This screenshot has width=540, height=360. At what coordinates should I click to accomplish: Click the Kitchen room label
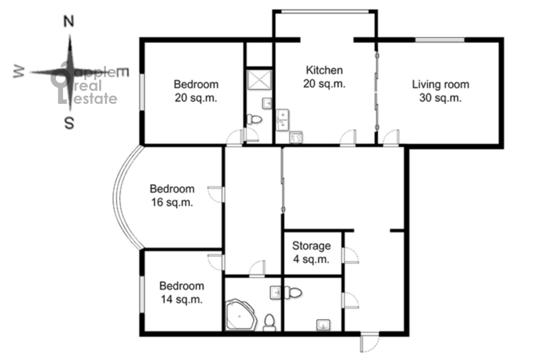[324, 77]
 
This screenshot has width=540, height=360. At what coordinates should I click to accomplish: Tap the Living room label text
[440, 91]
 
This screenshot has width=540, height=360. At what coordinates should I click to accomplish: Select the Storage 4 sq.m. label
[311, 252]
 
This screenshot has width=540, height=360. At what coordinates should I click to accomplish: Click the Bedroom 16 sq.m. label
[172, 195]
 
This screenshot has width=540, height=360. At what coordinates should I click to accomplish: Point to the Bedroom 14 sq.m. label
[182, 292]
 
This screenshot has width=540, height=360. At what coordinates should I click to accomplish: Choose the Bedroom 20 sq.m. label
[196, 91]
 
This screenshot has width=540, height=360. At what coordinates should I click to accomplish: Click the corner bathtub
[241, 315]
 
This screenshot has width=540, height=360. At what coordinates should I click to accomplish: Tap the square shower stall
[259, 80]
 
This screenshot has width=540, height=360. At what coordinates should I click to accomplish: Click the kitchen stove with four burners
[296, 137]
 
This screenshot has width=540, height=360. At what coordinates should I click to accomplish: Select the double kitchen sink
[282, 120]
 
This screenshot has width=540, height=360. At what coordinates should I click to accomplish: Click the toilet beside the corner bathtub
[270, 322]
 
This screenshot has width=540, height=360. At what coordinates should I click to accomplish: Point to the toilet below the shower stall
[254, 119]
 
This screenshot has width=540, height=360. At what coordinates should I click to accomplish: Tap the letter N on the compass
[69, 21]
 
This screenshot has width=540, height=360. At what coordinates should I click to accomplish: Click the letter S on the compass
[69, 124]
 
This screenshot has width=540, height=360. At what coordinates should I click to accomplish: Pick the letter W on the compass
[19, 72]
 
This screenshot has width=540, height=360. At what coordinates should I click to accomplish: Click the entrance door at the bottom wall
[370, 342]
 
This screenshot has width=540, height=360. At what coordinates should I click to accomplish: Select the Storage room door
[350, 255]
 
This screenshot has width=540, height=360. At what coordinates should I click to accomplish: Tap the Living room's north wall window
[440, 40]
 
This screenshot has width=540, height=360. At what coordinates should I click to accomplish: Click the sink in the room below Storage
[323, 325]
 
